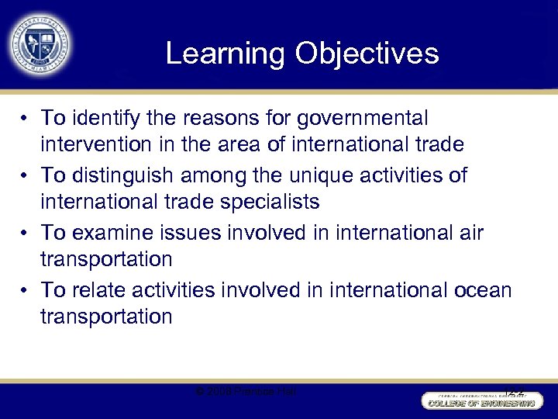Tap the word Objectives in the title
point(367,54)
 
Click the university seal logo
point(38,43)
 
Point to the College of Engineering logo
point(478,400)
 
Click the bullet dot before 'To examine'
point(26,233)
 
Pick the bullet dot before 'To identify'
point(26,118)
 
